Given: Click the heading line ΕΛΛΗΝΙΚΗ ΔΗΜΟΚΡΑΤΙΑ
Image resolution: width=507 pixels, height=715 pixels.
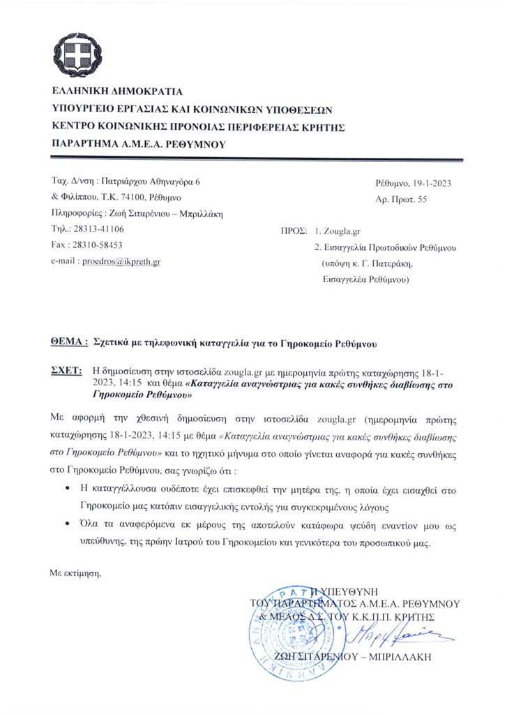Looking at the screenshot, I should point(116,91).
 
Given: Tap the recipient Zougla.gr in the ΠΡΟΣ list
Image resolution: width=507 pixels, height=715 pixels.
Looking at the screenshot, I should point(349,230).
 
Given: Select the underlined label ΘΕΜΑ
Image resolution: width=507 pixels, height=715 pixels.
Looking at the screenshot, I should point(70,343).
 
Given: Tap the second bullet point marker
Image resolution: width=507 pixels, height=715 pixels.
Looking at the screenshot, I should point(66,523).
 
